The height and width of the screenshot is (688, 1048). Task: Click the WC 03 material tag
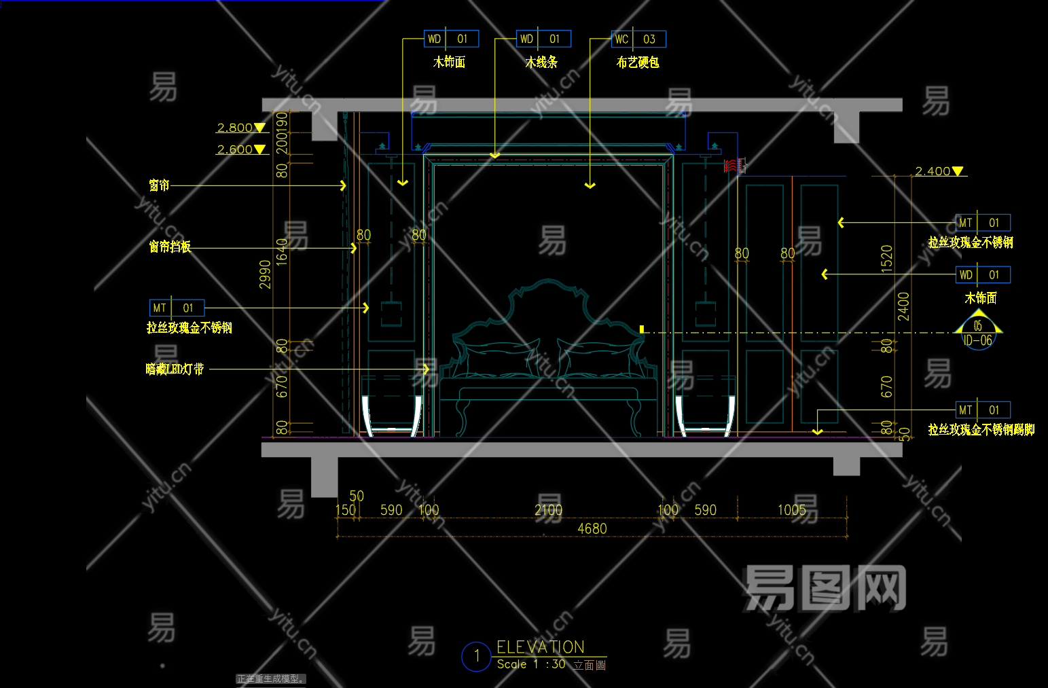coord(638,39)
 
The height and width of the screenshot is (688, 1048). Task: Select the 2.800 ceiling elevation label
coord(235,128)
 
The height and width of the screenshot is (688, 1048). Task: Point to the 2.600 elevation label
coord(235,149)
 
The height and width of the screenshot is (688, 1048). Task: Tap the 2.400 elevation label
coord(933,171)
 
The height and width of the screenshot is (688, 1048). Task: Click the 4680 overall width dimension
coord(592,528)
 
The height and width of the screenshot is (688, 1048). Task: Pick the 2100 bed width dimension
coord(548,510)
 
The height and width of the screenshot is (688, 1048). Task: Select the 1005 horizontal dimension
coord(791,510)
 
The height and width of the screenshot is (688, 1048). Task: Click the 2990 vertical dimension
coord(266,274)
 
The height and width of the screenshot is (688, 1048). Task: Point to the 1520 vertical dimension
coord(886,259)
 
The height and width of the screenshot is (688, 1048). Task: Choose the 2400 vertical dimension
coord(903,306)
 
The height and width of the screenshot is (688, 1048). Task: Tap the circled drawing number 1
coord(476,656)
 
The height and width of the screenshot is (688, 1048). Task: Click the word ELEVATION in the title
coord(541,647)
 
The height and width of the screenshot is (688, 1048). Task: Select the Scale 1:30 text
coord(531,664)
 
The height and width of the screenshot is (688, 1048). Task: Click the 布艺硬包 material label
coord(638,62)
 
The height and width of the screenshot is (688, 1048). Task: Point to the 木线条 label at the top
coord(541,62)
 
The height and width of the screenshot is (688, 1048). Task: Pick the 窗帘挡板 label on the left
coord(170,247)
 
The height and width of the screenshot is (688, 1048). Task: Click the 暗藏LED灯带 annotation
coord(175,369)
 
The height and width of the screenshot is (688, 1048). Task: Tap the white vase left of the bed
coord(392,414)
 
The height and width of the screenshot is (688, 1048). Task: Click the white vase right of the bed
coord(705,414)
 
